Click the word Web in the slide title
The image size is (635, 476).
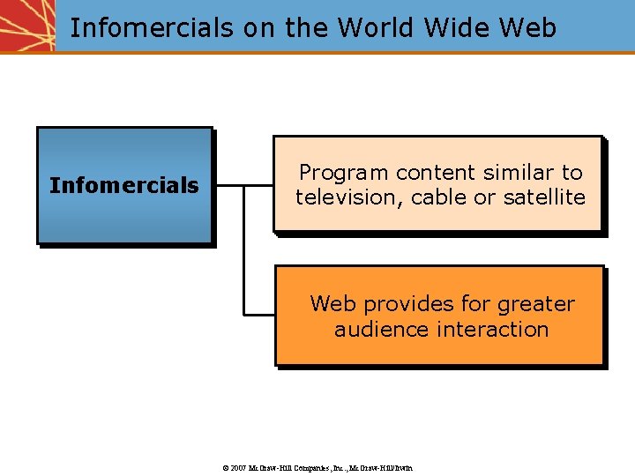(527, 28)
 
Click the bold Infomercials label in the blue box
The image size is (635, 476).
(124, 186)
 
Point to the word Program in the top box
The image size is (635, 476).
(344, 173)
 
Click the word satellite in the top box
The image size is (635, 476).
(544, 197)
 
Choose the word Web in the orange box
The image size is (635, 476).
(333, 304)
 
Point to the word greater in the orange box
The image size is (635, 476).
(535, 305)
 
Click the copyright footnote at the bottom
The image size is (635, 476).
(317, 467)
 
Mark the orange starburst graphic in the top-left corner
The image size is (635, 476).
(26, 25)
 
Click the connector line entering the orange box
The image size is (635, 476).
(259, 314)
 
